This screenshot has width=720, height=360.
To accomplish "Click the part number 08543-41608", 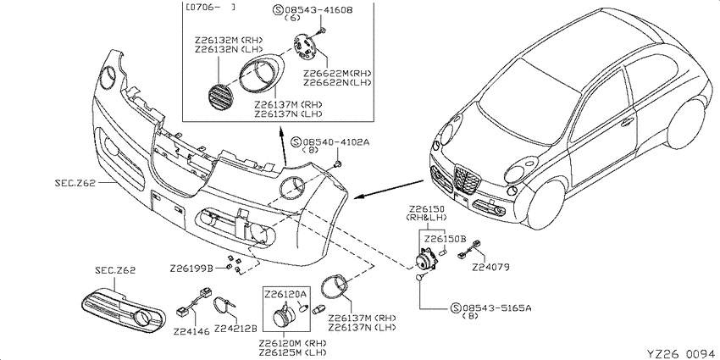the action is pos(318,9).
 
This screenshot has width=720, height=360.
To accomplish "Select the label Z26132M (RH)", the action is pos(229,41).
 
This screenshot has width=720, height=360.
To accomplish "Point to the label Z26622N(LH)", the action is pos(337,82).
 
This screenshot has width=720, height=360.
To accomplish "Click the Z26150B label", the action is pos(445,239).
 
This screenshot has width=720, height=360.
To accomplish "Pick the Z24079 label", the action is pos(490,267).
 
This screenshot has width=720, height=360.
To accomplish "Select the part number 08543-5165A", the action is pos(497,308).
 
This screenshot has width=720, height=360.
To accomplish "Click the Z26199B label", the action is pos(191,268).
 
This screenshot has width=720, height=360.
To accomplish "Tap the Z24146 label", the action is pos(191,330).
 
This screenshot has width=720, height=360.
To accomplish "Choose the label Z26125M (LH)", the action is pos(292,352).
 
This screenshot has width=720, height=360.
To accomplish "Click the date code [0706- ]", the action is pos(211,8).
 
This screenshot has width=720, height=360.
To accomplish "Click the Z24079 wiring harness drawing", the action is pos(471,250).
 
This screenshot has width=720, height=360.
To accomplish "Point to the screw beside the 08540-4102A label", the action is pos(339,164).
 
